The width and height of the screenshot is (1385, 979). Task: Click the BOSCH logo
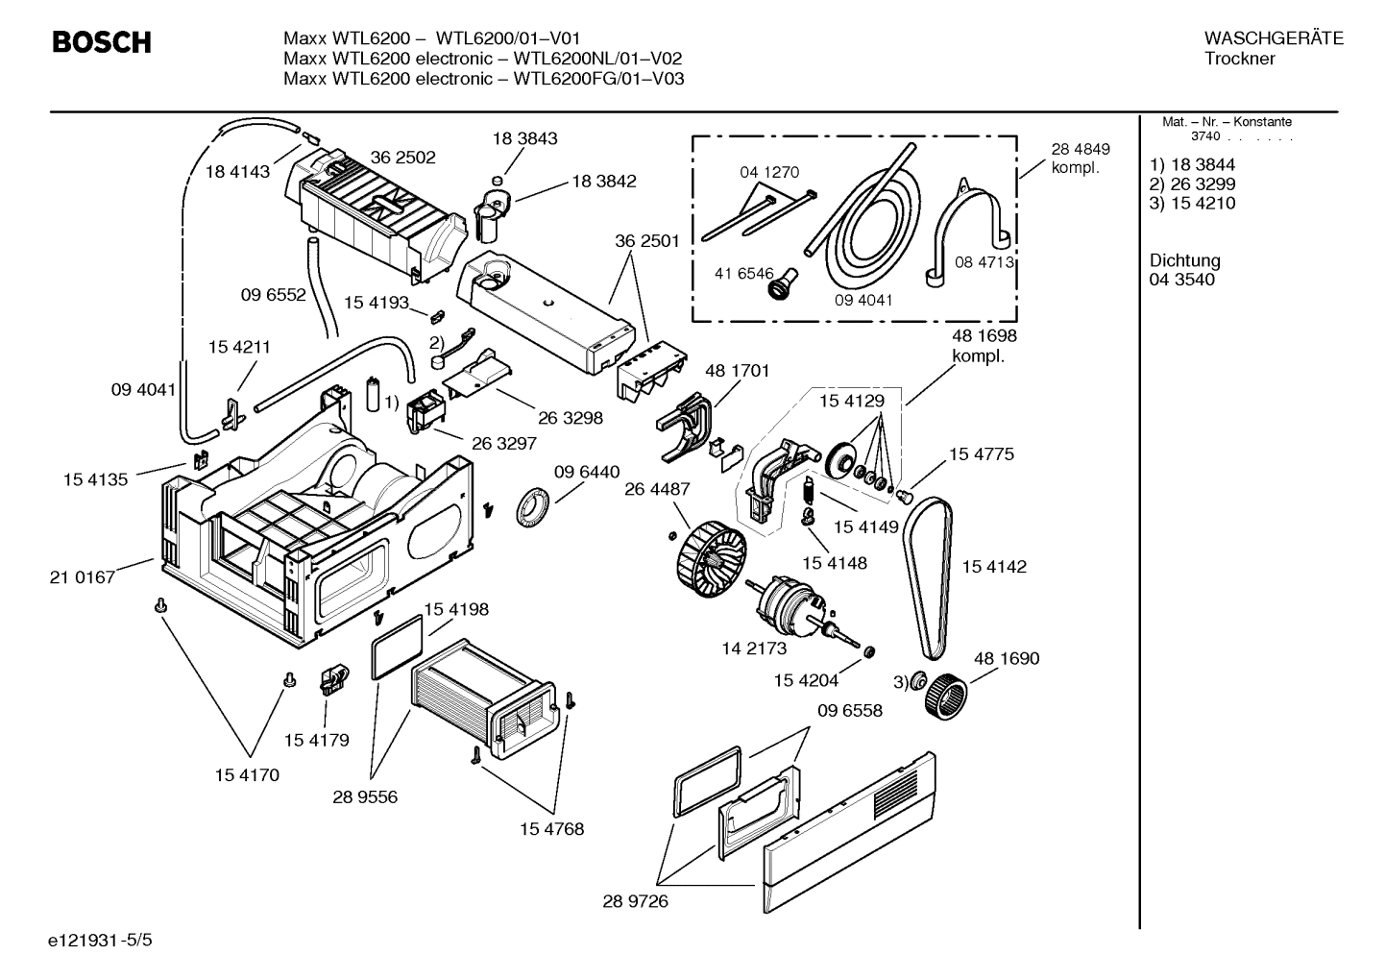tap(101, 42)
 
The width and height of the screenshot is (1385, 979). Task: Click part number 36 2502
tap(402, 158)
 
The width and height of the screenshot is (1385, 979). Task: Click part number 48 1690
tap(1006, 658)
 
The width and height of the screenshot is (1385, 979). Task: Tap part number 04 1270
tap(768, 172)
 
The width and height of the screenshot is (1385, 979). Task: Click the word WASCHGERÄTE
tap(1273, 38)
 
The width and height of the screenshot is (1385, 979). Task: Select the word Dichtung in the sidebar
tap(1184, 260)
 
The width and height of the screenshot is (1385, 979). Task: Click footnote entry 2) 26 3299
tap(1192, 184)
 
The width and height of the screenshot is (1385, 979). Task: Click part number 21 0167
tap(82, 577)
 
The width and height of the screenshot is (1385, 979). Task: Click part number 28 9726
tap(635, 901)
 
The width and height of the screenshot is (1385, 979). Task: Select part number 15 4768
tap(551, 828)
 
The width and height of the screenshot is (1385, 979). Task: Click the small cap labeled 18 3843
tap(497, 179)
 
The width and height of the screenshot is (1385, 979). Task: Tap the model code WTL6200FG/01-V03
tap(598, 79)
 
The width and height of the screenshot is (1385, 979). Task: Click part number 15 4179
tap(316, 740)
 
